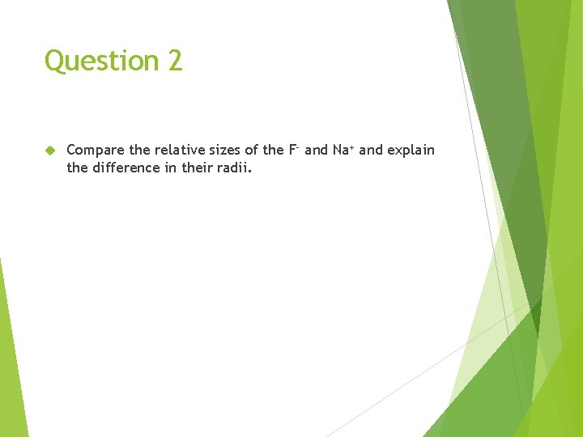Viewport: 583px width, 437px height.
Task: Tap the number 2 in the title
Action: (x=176, y=61)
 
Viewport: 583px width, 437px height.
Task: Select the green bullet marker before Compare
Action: (x=49, y=151)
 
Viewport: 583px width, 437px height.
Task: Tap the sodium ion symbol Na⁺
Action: (x=343, y=150)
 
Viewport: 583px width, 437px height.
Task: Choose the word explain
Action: (x=411, y=151)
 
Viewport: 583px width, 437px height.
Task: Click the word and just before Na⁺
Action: (x=316, y=150)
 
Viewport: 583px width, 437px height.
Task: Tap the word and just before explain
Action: (x=371, y=150)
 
